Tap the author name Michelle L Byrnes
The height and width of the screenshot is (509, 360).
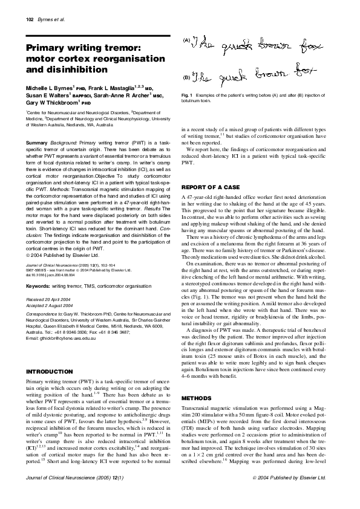48,88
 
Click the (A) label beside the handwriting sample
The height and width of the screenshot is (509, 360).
185,41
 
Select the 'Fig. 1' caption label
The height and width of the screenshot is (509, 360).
187,96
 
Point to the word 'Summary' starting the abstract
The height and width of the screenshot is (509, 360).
36,142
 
